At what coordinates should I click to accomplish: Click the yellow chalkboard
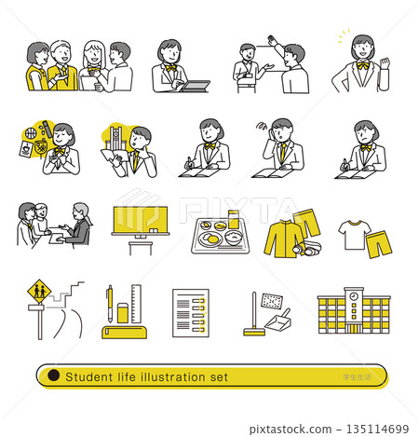coord(142,221)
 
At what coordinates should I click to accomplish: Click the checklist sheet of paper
coord(190,312)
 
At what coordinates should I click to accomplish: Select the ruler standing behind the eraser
coord(136,302)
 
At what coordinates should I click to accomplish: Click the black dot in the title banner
coord(53,376)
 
